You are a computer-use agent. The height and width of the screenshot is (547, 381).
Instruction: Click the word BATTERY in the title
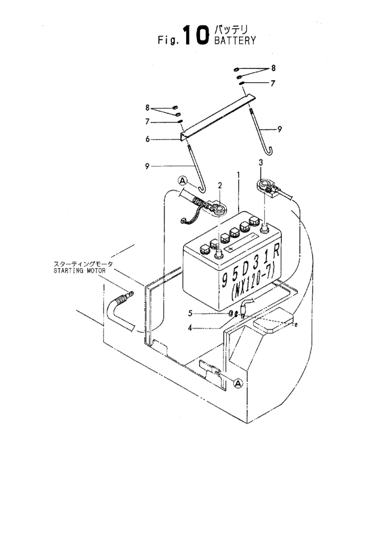coord(235,41)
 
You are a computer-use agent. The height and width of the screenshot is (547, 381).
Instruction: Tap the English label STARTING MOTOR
coord(80,270)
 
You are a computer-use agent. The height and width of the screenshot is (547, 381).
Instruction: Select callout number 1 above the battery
coord(239,174)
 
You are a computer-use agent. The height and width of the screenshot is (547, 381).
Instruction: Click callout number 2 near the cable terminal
coord(220,185)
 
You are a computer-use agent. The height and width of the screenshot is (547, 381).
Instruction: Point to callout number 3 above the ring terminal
coord(261,162)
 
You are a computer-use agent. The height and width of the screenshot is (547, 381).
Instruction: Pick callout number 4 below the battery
coord(190,329)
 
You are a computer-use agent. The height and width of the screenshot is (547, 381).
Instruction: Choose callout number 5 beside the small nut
coord(190,313)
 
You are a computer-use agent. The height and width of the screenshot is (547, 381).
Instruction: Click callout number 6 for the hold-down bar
coord(148,139)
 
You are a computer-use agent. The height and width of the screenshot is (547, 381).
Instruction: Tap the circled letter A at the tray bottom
coord(238,384)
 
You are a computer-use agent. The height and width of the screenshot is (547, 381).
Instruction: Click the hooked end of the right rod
coord(268,151)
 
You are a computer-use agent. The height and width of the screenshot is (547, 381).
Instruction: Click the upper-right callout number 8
coord(273,68)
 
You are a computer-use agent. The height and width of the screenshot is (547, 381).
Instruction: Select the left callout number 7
coord(147,121)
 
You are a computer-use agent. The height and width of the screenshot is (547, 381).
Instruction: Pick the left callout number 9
coord(147,167)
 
